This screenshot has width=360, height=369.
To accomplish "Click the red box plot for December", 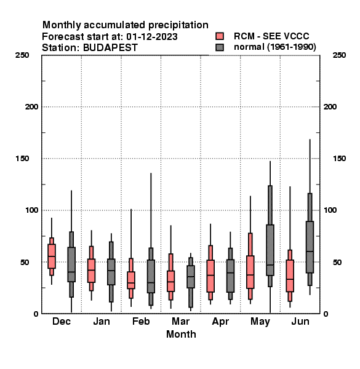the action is (52, 256).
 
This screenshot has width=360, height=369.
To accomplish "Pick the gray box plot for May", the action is (270, 250).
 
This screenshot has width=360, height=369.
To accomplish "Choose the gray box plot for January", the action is (111, 272).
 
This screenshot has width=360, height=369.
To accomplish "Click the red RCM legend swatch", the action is (220, 36).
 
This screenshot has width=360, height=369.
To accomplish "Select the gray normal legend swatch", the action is (220, 47).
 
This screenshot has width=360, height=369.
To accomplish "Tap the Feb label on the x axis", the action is (141, 321).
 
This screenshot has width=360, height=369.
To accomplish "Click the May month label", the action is (260, 322).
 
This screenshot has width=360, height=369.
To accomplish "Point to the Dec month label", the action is (62, 321).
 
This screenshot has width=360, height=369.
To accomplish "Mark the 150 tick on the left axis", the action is (22, 159).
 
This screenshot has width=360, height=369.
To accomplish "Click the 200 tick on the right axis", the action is (330, 107).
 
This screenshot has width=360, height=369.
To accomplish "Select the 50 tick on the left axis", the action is (25, 262).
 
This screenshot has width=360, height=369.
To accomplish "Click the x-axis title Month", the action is (181, 334).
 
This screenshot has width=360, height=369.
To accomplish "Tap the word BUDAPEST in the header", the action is (110, 48).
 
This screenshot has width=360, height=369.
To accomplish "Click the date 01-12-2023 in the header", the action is (152, 37).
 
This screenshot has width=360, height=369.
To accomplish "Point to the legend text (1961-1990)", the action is (292, 47).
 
